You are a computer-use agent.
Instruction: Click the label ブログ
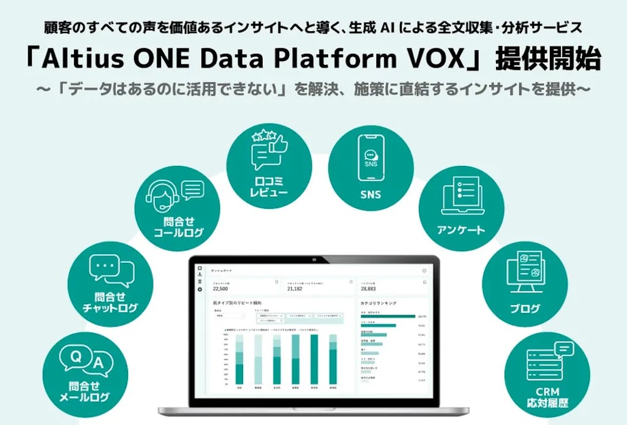pos(525,309)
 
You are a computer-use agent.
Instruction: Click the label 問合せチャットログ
pos(110,303)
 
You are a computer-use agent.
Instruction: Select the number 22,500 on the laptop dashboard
pos(220,288)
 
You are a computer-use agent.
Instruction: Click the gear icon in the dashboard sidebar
pos(200,288)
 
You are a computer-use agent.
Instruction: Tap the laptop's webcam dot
pos(313,260)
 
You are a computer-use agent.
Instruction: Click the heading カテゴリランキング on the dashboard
pos(379,303)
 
